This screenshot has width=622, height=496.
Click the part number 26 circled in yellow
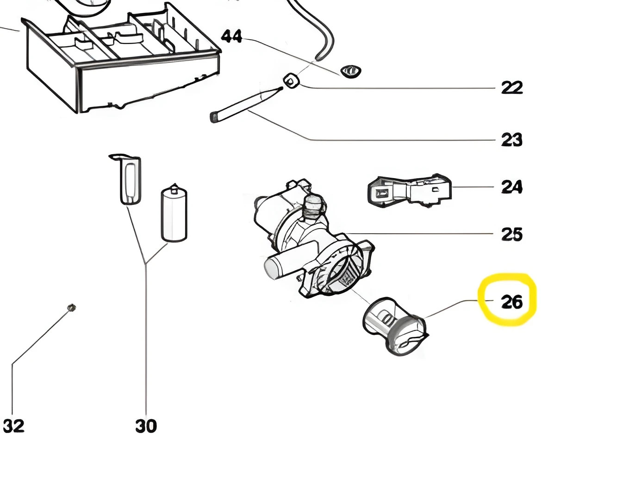pyautogui.click(x=511, y=302)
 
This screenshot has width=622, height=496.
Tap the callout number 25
pyautogui.click(x=511, y=234)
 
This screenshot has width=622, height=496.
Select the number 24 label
pyautogui.click(x=511, y=187)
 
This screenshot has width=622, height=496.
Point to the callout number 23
pyautogui.click(x=511, y=140)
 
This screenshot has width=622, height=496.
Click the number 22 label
pyautogui.click(x=511, y=87)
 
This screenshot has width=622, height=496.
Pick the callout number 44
pyautogui.click(x=231, y=36)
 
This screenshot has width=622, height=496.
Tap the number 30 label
pyautogui.click(x=146, y=426)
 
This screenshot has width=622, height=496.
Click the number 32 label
pyautogui.click(x=13, y=426)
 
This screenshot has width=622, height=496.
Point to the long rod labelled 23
pyautogui.click(x=245, y=104)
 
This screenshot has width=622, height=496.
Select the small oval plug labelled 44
pyautogui.click(x=351, y=71)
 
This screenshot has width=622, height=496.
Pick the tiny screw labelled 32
pyautogui.click(x=71, y=307)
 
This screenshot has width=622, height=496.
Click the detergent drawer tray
pyautogui.click(x=120, y=60)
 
